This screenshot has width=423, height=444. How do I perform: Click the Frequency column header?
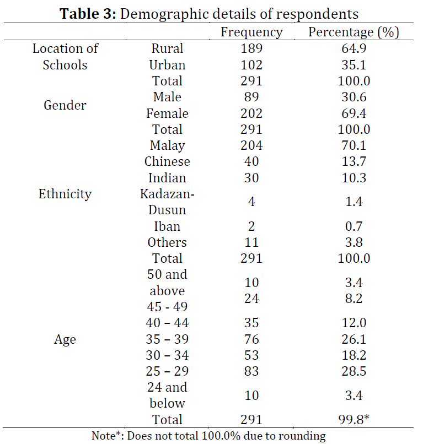click(251, 32)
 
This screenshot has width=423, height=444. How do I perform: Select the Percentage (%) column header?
click(354, 32)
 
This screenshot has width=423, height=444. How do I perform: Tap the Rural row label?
click(167, 48)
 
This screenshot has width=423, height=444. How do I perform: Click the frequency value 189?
click(251, 48)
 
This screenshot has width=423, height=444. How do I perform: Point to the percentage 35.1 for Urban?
click(354, 65)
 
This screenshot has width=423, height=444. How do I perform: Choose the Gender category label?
click(65, 105)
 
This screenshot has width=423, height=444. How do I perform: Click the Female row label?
click(167, 113)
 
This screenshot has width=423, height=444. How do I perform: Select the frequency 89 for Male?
click(251, 97)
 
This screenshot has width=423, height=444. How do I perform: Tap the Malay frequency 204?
click(251, 145)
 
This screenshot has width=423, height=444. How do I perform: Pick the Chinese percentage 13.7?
click(354, 161)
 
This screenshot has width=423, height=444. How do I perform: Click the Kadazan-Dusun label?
click(167, 202)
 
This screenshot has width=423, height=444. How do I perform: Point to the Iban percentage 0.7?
click(354, 226)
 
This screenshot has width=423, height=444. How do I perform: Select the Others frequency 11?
click(251, 242)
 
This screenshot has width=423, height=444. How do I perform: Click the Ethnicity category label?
click(65, 194)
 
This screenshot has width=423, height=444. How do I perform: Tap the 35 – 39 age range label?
click(167, 339)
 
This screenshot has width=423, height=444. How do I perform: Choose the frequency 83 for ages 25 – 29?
click(251, 371)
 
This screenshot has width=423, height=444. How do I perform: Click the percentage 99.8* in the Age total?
click(354, 419)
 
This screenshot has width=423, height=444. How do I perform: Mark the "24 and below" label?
click(167, 396)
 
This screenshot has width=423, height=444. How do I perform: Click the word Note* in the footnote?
click(108, 436)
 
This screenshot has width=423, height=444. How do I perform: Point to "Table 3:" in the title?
click(88, 14)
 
